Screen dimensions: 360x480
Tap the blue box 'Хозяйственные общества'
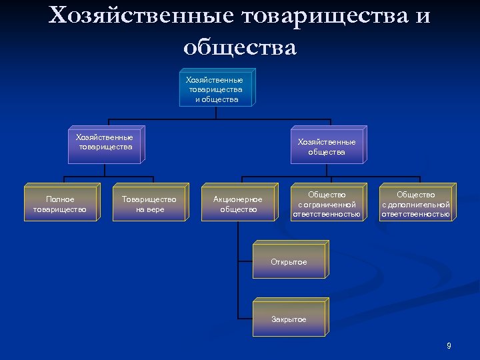point(327,147)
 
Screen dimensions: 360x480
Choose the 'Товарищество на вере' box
point(149,204)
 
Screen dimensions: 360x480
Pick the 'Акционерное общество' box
point(238,204)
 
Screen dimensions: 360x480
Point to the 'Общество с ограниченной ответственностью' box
point(327,204)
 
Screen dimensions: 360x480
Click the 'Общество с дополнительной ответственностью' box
point(416,204)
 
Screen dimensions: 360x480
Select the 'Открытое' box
point(289,262)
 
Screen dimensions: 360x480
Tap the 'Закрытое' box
point(289,319)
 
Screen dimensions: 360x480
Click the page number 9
point(449,345)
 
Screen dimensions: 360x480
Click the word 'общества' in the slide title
point(239,47)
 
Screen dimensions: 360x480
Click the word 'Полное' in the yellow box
point(60,199)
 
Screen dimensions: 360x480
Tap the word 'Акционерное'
point(238,199)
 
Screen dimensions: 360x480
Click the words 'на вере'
point(149,209)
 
